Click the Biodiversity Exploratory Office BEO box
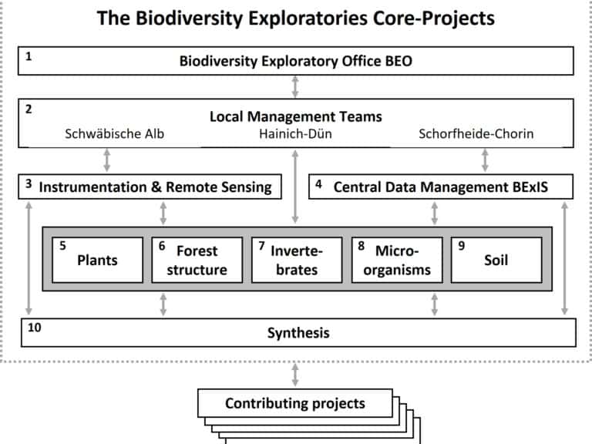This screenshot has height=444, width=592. (296, 61)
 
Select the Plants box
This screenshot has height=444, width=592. (97, 260)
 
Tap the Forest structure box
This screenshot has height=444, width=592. (197, 260)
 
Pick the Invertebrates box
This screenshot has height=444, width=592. (297, 260)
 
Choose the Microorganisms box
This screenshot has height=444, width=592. (397, 260)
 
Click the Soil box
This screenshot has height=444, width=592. (496, 260)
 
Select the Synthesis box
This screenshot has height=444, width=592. (298, 333)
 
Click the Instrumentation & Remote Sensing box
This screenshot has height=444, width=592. (150, 187)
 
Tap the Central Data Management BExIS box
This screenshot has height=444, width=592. (441, 187)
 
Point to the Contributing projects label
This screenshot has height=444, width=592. (295, 403)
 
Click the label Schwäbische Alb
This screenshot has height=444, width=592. (114, 133)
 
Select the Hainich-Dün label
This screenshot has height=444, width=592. (295, 133)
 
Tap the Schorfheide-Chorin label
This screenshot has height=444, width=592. (476, 133)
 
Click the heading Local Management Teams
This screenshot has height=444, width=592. (296, 116)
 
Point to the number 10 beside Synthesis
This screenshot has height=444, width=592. (35, 328)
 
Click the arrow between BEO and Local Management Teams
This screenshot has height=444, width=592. (295, 87)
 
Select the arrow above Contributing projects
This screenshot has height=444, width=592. (295, 375)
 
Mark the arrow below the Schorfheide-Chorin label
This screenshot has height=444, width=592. (485, 160)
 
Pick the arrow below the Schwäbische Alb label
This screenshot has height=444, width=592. (107, 160)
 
